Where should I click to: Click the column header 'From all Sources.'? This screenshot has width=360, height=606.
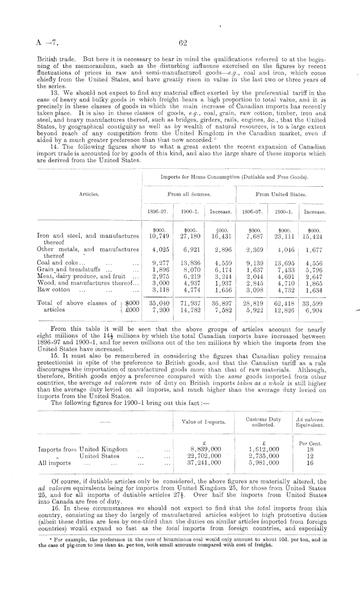pos(188,194)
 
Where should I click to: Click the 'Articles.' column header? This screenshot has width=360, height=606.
pos(89,194)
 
